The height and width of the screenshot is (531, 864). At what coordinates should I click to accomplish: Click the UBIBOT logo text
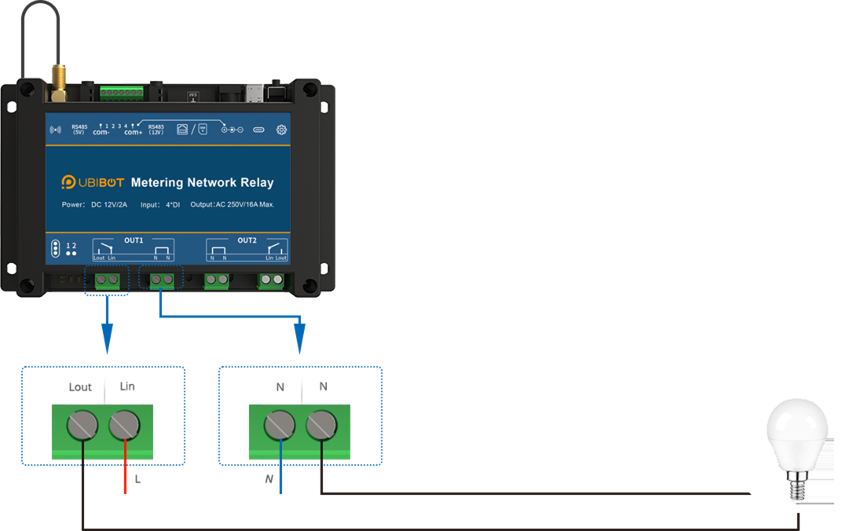(x=98, y=182)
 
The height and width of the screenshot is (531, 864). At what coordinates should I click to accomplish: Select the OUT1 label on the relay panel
(x=134, y=240)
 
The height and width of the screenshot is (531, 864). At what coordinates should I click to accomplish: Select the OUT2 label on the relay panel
(x=247, y=240)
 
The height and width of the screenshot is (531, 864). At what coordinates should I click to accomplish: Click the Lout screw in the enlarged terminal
(x=82, y=426)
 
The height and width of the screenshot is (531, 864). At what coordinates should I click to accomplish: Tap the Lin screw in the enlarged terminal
(x=124, y=426)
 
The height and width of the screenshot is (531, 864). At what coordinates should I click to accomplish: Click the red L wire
(x=125, y=471)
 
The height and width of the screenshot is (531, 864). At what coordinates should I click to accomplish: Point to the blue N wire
(x=280, y=471)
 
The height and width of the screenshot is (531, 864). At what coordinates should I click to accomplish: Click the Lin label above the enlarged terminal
(x=127, y=386)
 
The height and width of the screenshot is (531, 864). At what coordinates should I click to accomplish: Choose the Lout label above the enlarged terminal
(x=81, y=386)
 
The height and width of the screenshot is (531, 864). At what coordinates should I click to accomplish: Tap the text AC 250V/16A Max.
(x=244, y=205)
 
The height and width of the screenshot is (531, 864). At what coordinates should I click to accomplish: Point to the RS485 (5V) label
(x=79, y=129)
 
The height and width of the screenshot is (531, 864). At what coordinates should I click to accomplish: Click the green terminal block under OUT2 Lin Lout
(x=272, y=280)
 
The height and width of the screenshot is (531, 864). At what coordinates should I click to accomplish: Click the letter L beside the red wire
(x=138, y=478)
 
